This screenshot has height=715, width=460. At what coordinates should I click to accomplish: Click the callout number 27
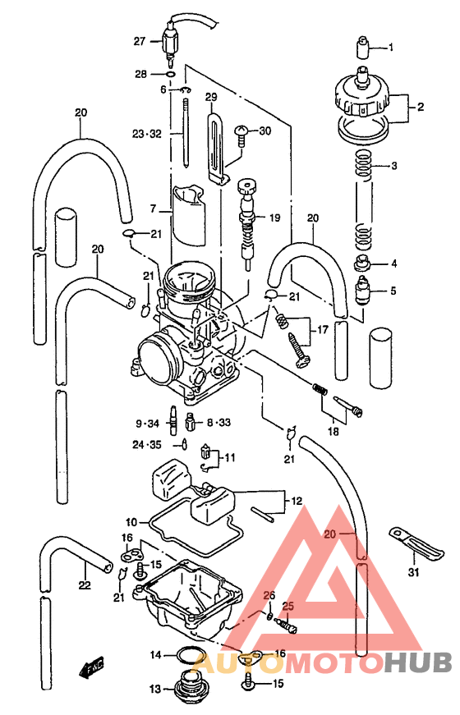click(139, 40)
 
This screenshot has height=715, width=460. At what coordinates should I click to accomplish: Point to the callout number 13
click(154, 688)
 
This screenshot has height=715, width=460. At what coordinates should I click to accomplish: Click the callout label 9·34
click(148, 424)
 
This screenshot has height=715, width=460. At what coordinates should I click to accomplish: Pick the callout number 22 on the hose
click(84, 585)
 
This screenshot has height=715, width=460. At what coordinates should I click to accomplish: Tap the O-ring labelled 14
click(189, 655)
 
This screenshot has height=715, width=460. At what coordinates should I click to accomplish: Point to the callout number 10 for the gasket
click(131, 522)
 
